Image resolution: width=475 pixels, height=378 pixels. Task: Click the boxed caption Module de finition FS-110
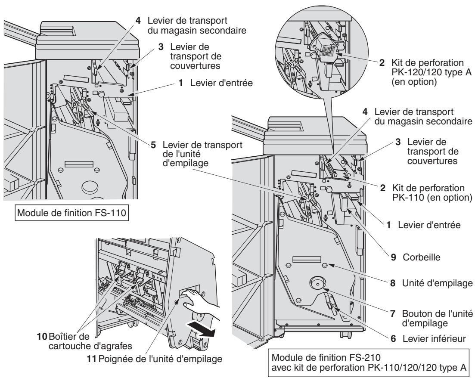(71, 213)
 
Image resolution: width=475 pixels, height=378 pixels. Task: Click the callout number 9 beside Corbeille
(393, 257)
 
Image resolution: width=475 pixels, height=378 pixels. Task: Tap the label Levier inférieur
(434, 339)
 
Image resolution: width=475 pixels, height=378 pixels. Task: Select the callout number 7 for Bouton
(393, 313)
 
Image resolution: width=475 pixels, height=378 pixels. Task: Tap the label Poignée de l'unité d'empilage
(161, 359)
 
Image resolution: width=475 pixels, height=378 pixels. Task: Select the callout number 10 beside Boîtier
(42, 337)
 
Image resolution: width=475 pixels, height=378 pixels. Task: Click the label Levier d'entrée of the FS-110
(221, 83)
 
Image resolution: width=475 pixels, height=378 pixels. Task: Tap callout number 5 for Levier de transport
(154, 145)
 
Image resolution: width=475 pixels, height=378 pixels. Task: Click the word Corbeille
(421, 257)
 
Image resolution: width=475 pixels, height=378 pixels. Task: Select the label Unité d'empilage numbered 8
(438, 283)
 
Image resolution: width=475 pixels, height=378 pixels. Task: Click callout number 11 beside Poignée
(92, 359)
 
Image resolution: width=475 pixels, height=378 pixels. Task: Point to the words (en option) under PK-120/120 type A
(414, 82)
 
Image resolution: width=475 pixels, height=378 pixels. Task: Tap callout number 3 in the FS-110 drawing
(161, 47)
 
